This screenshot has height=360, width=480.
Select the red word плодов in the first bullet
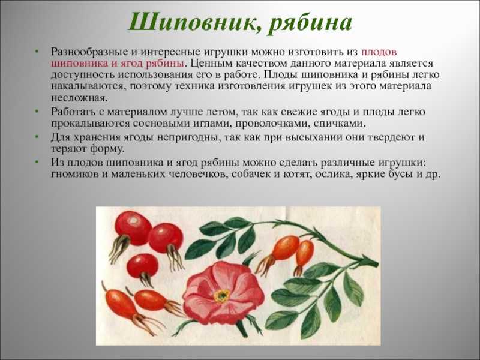(379, 52)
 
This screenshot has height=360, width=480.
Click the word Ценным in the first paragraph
(211, 64)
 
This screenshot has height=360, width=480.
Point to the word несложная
(79, 98)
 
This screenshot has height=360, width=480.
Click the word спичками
(340, 124)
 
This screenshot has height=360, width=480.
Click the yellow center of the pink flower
(221, 296)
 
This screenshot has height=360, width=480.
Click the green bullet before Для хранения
(37, 137)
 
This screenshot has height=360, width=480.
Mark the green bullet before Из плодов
(37, 162)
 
